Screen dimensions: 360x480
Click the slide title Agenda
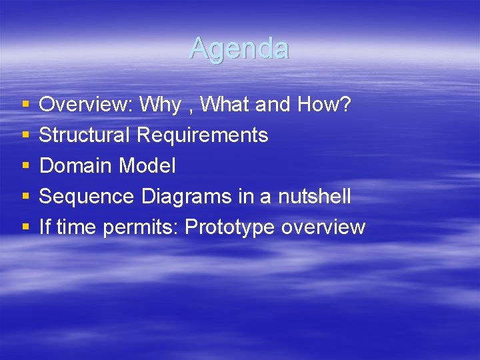(239, 49)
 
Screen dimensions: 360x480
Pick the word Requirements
(203, 135)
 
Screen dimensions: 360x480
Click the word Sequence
(87, 197)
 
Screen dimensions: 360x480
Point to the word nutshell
(315, 197)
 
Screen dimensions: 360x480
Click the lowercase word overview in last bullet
(323, 227)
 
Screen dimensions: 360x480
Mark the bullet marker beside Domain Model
(25, 166)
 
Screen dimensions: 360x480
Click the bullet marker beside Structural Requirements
(25, 135)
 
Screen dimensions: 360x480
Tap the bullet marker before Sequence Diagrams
(25, 197)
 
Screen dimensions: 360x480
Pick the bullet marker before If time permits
(25, 227)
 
